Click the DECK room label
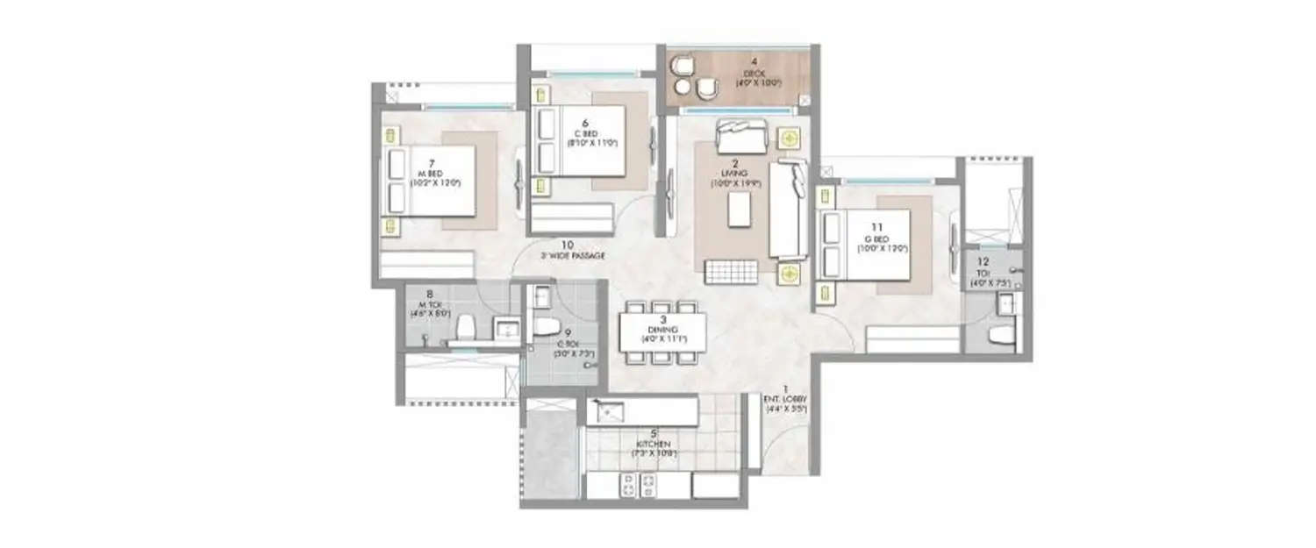pos(749,73)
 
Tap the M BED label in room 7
pos(432,174)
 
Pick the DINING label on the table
pos(663,331)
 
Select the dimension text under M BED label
pos(432,183)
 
